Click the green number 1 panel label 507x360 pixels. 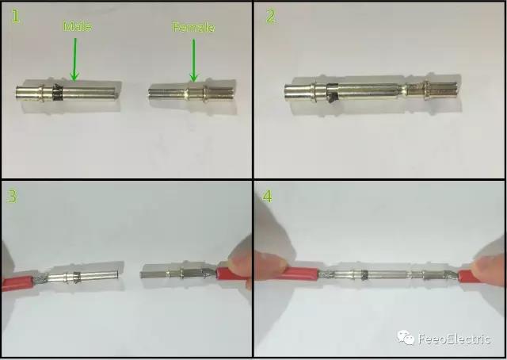15,16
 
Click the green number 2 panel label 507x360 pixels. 271,16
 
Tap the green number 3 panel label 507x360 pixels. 13,196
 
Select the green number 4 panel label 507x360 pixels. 268,196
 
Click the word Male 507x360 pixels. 77,26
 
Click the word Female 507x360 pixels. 193,27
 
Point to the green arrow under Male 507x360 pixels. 74,59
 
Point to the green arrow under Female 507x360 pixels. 193,60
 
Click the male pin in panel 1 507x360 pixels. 67,93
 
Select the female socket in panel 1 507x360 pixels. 191,94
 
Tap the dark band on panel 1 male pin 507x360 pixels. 58,93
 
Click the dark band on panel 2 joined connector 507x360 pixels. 332,94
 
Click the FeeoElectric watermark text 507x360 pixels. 454,339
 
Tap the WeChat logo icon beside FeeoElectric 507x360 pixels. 406,338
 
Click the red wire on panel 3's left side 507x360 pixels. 17,282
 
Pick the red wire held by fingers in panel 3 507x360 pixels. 231,274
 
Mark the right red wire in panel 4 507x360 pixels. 469,276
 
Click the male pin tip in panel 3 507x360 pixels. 116,275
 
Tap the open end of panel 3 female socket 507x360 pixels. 143,274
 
